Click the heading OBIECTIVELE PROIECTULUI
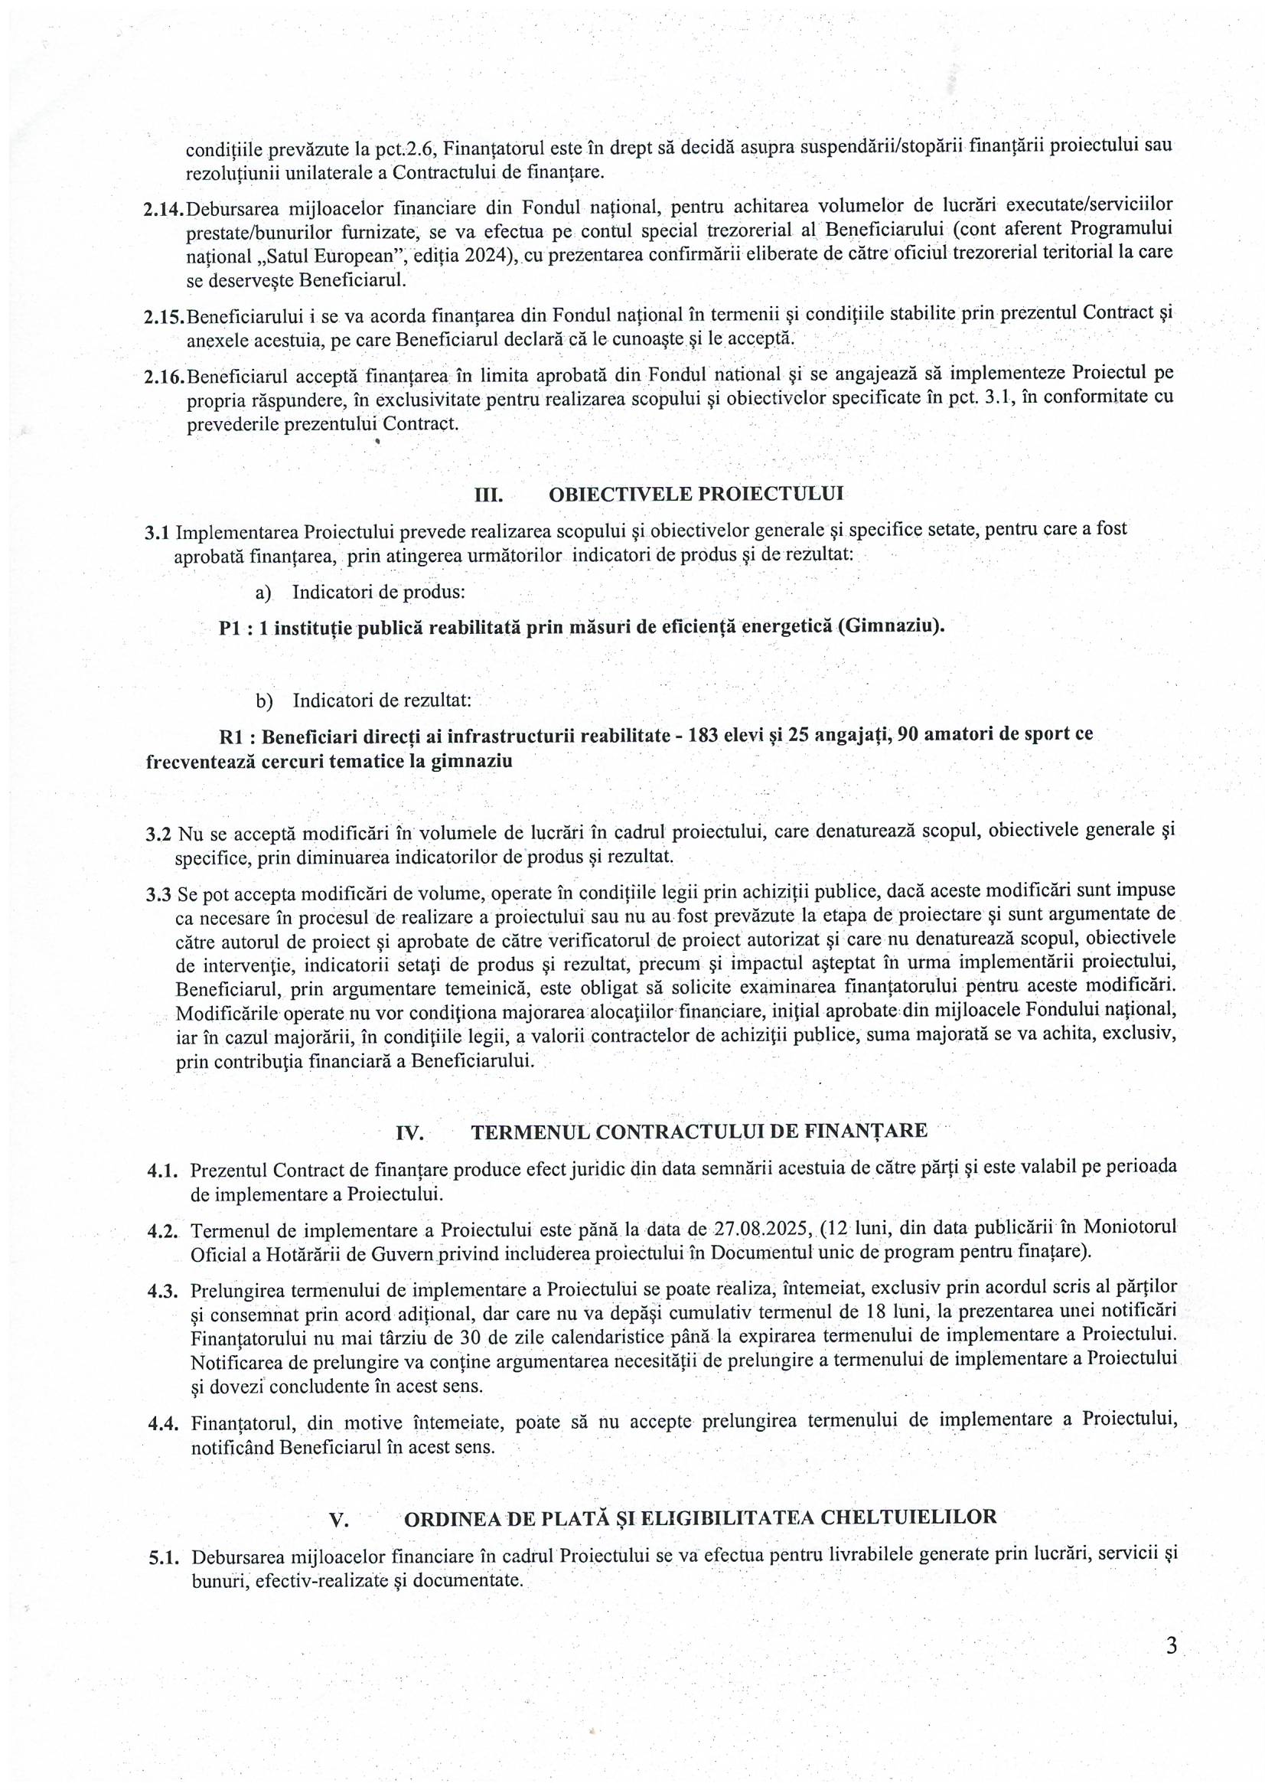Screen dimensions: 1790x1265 tap(696, 495)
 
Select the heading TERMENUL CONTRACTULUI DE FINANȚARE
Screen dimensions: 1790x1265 tap(699, 1131)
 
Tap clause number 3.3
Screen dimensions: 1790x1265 tap(159, 893)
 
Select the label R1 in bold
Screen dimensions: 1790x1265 tap(233, 735)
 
